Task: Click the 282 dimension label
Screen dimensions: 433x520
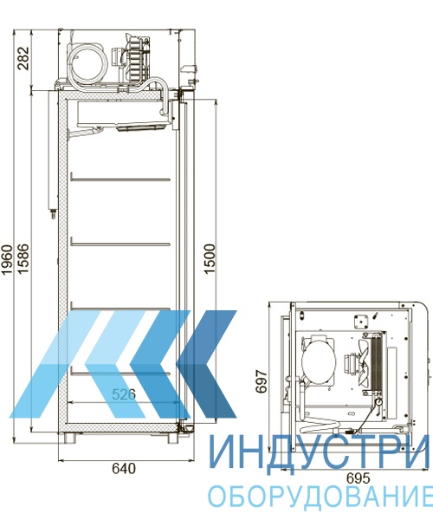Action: pos(23,58)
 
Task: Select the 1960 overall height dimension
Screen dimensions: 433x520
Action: pos(7,259)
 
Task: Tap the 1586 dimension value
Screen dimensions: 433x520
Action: pos(23,259)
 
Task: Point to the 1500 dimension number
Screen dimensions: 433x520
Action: pos(210,259)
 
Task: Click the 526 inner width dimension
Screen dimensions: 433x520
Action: pos(124,394)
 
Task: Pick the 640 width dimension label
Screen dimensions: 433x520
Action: pos(124,468)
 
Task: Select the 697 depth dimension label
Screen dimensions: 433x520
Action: pos(261,381)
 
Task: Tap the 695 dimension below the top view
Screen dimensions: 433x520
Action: pos(358,478)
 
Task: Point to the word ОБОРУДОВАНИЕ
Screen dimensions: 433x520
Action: pos(320,497)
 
